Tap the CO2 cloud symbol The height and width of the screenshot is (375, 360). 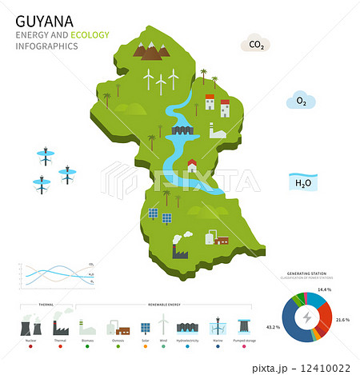[x=256, y=45]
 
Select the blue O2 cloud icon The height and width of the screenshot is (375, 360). [x=302, y=102]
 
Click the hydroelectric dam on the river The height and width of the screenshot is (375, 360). [x=181, y=130]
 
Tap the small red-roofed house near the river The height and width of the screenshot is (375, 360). [x=192, y=166]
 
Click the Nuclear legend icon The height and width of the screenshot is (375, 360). [x=30, y=326]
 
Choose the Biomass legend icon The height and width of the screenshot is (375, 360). [x=87, y=329]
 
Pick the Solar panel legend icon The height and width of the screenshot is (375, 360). [x=145, y=328]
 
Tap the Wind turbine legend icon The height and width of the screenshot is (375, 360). [x=164, y=325]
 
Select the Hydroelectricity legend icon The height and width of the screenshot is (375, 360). [x=188, y=328]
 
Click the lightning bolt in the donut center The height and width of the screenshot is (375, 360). [x=306, y=319]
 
